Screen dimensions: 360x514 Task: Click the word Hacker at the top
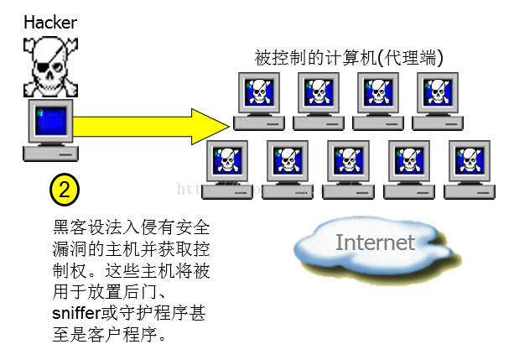click(x=49, y=23)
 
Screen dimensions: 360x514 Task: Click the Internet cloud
click(x=374, y=243)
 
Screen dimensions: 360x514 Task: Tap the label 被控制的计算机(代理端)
click(x=349, y=58)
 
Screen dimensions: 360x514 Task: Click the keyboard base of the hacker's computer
click(x=51, y=154)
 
